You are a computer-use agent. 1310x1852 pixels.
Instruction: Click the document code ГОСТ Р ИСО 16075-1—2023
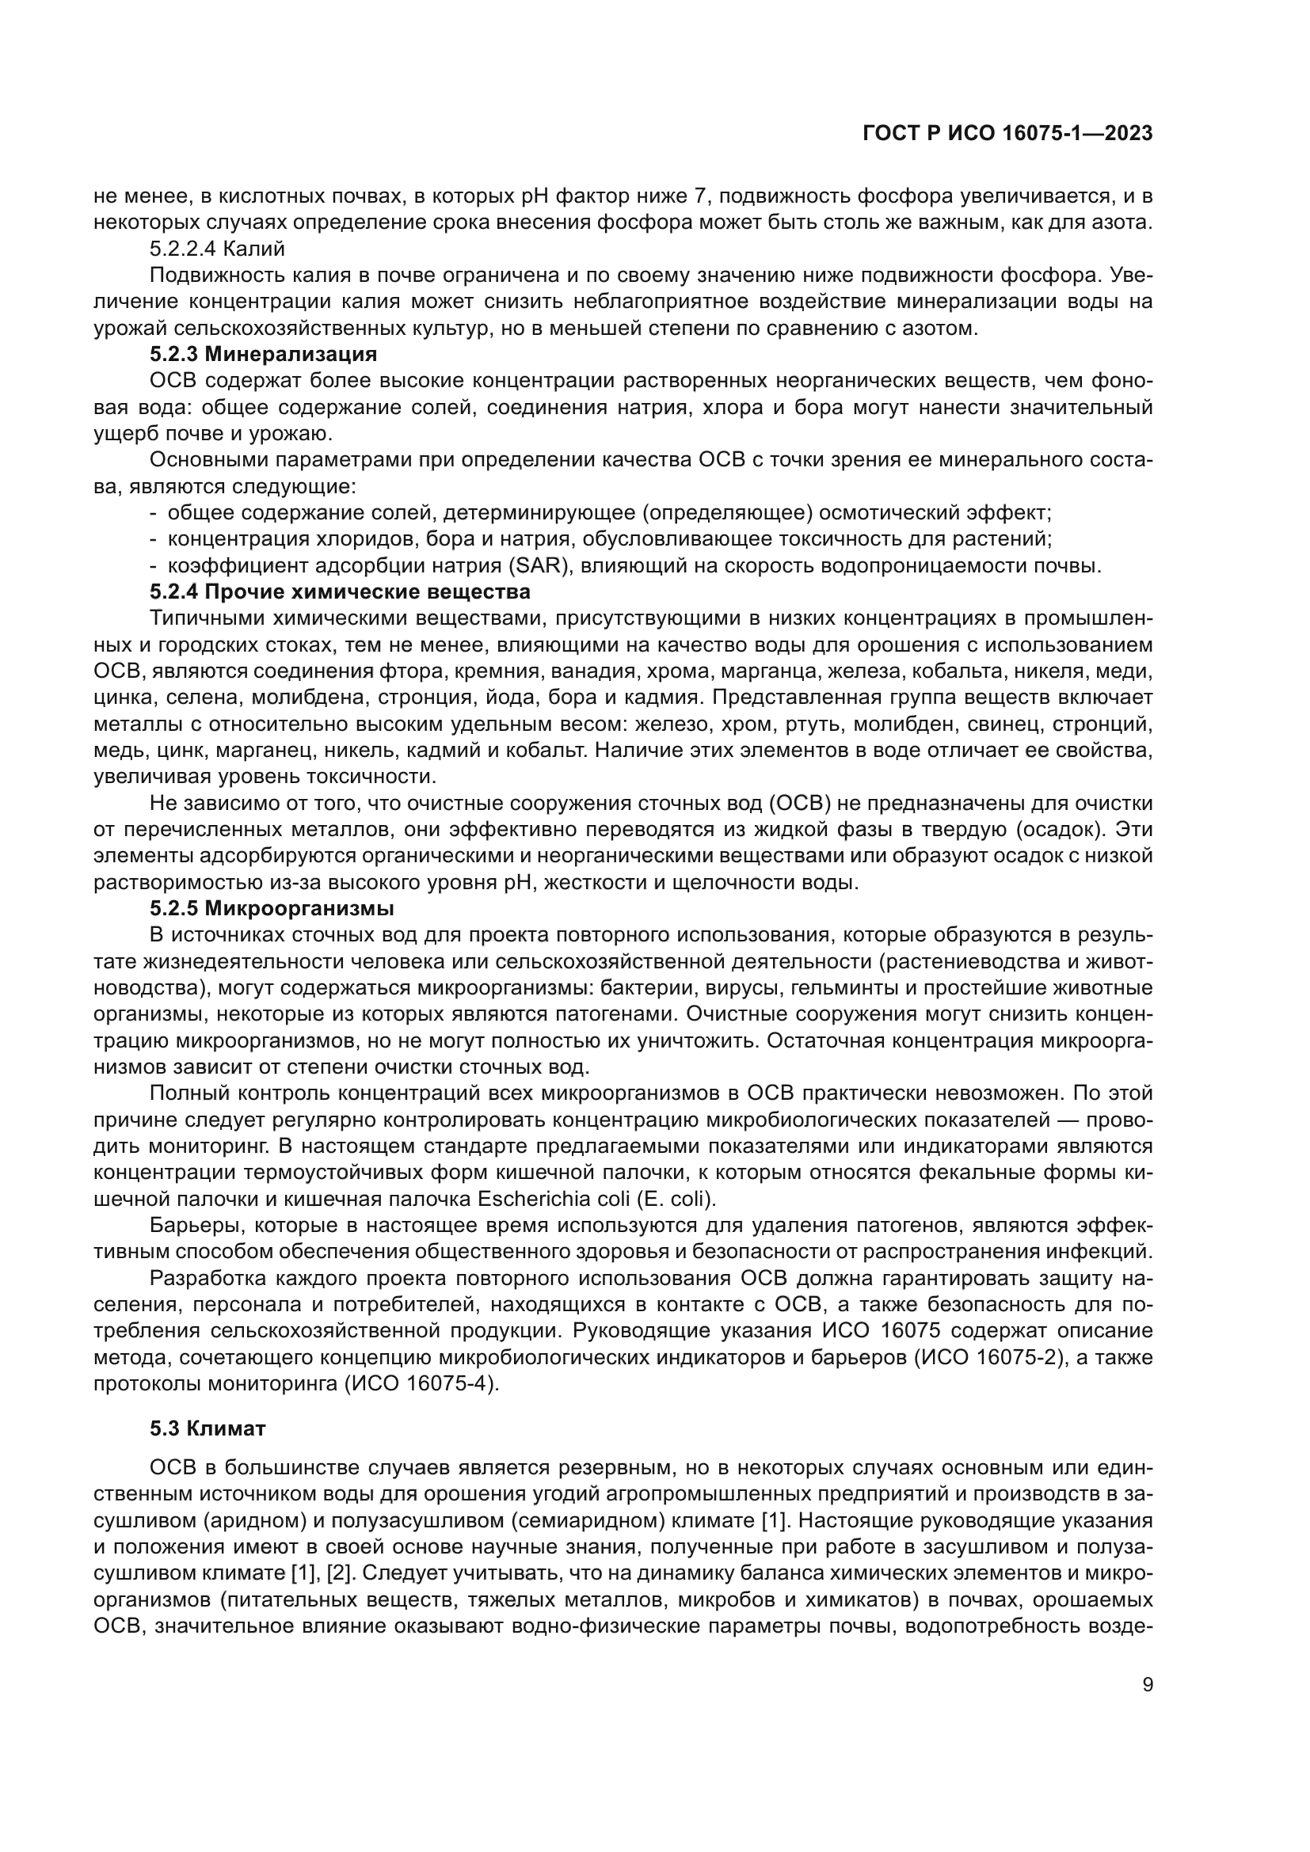click(x=1007, y=134)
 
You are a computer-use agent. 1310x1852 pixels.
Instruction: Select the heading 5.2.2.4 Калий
click(x=218, y=249)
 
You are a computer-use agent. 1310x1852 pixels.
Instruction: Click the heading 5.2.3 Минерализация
click(x=263, y=354)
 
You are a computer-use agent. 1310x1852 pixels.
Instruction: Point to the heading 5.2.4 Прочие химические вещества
click(x=340, y=592)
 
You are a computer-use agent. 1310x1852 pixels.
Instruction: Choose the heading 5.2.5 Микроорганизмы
click(x=272, y=908)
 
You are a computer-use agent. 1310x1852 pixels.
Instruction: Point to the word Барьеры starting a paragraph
click(x=197, y=1225)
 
